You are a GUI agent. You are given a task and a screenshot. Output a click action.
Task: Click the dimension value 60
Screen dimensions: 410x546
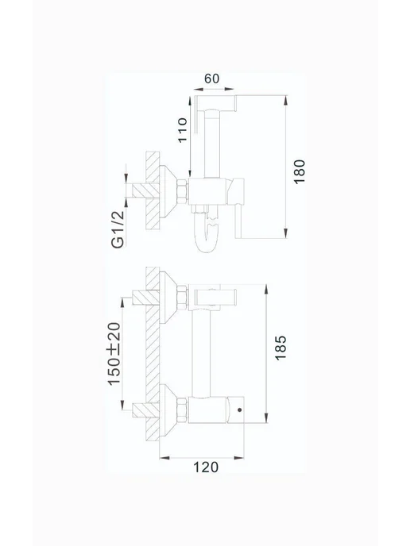tap(211, 79)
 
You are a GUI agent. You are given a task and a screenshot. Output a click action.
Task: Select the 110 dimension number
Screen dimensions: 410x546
tap(183, 130)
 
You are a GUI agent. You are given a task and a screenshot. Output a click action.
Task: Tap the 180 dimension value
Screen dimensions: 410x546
tap(299, 171)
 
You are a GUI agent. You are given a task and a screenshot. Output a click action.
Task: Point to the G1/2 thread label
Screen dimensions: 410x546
tap(118, 229)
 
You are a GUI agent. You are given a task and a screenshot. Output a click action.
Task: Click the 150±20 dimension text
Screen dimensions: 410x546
tap(114, 354)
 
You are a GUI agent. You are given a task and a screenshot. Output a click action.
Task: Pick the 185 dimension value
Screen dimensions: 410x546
tap(280, 348)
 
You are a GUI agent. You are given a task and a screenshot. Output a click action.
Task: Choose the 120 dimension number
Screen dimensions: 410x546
tap(206, 467)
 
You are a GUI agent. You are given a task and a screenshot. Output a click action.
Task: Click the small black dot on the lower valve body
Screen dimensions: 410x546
tap(239, 409)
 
